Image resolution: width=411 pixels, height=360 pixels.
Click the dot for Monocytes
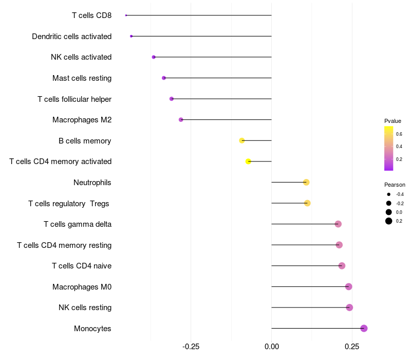(364, 328)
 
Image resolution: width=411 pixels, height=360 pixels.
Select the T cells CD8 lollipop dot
(126, 15)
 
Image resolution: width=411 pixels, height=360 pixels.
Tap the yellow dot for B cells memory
(241, 140)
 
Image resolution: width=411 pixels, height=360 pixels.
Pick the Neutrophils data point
(306, 183)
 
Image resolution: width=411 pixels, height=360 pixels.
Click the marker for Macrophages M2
(181, 120)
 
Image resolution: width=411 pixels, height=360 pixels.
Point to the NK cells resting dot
(349, 308)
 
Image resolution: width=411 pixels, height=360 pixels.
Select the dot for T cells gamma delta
(338, 224)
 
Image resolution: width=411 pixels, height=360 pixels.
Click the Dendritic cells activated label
(72, 36)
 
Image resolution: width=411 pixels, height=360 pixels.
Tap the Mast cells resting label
(82, 78)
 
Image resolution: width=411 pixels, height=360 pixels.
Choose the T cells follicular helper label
(74, 99)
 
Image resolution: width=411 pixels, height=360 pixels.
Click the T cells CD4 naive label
(82, 266)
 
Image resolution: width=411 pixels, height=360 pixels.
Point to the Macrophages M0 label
(82, 287)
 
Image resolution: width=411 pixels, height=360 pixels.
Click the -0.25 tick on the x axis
(191, 347)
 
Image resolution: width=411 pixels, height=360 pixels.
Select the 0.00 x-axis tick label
(272, 347)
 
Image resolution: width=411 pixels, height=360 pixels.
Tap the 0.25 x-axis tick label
(352, 347)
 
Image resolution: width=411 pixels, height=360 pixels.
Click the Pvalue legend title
(393, 121)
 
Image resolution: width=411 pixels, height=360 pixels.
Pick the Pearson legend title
(395, 185)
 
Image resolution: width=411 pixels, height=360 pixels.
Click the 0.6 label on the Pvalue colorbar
(399, 134)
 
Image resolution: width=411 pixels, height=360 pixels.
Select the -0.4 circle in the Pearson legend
(389, 194)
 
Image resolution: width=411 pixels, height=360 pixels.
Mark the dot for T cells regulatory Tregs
(307, 203)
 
